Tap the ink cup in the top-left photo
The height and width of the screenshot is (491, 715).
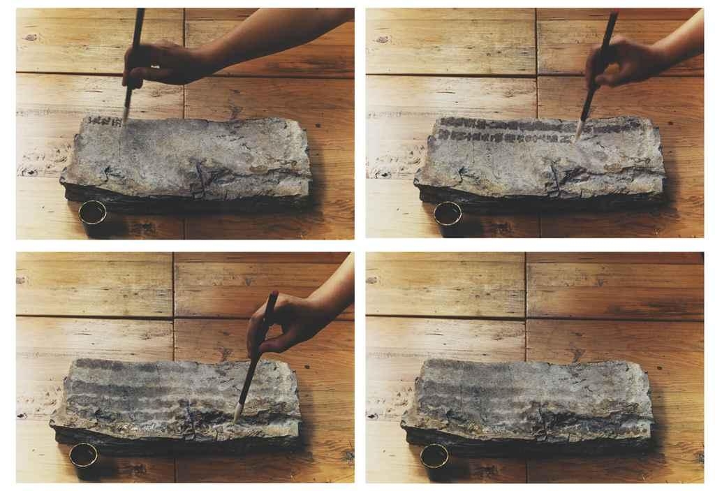pos(92,212)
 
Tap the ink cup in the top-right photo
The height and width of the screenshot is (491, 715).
pos(447,213)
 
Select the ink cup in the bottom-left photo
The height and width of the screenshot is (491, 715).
pos(83,455)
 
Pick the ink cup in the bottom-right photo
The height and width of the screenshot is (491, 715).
pos(434,455)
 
